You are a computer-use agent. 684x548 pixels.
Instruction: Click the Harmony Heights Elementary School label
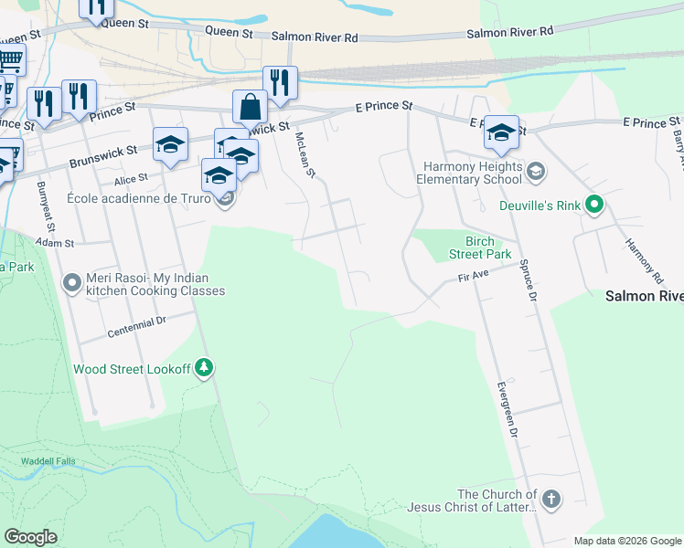pos(476,174)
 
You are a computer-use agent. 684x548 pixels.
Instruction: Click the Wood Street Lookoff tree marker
pos(204,369)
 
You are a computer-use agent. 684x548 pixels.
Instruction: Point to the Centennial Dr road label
pos(135,326)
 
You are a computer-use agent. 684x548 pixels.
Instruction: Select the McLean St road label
pos(305,154)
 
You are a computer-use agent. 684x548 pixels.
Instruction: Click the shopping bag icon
pos(250,107)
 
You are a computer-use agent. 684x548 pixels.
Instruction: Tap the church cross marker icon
pos(550,499)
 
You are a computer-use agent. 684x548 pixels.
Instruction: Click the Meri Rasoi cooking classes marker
pos(72,284)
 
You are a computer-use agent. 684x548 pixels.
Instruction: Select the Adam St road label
pos(54,244)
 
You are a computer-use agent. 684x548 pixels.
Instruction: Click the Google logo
pos(30,537)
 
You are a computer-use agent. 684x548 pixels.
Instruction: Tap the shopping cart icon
pos(9,61)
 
